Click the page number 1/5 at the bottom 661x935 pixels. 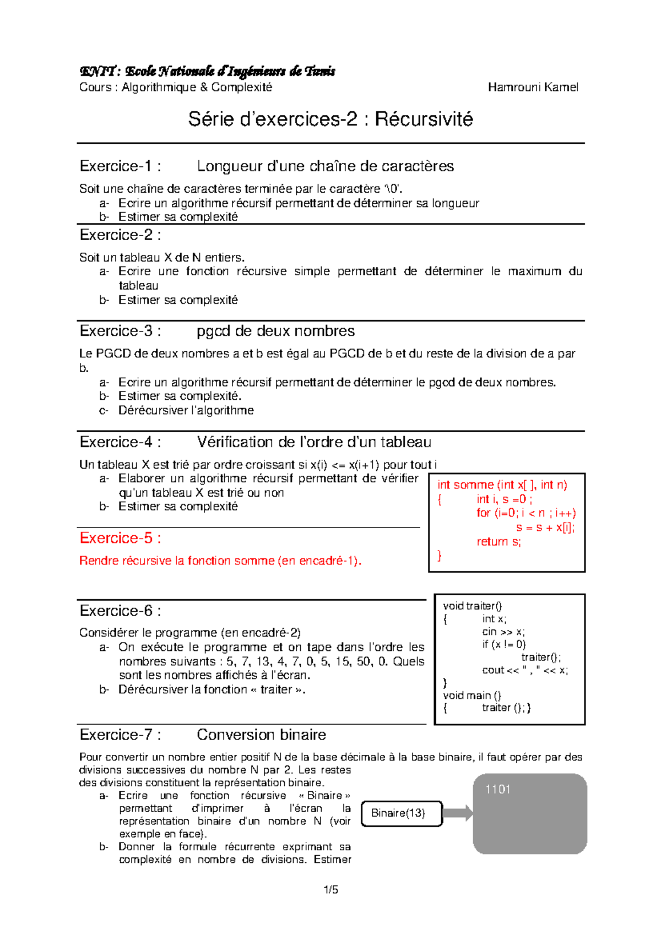[x=330, y=889]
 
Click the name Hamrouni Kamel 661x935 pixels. [x=533, y=87]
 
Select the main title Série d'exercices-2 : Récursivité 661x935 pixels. [x=330, y=119]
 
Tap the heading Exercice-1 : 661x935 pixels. [x=120, y=166]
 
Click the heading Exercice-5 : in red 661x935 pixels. [x=120, y=538]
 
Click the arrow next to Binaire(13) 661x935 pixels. [x=457, y=813]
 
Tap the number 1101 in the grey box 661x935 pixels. [x=497, y=789]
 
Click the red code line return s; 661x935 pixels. [x=499, y=542]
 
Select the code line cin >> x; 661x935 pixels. [x=503, y=632]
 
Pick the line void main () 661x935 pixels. [x=472, y=695]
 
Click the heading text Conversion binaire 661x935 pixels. [x=261, y=735]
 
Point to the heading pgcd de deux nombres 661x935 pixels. [x=275, y=331]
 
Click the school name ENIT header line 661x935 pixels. [x=207, y=71]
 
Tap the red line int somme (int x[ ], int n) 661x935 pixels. [x=502, y=485]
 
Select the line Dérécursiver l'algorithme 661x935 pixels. [x=186, y=410]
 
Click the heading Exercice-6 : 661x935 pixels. [x=120, y=611]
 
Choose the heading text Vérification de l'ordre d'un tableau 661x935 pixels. [x=314, y=442]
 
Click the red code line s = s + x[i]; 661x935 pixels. [x=545, y=528]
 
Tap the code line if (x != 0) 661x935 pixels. [x=504, y=644]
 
